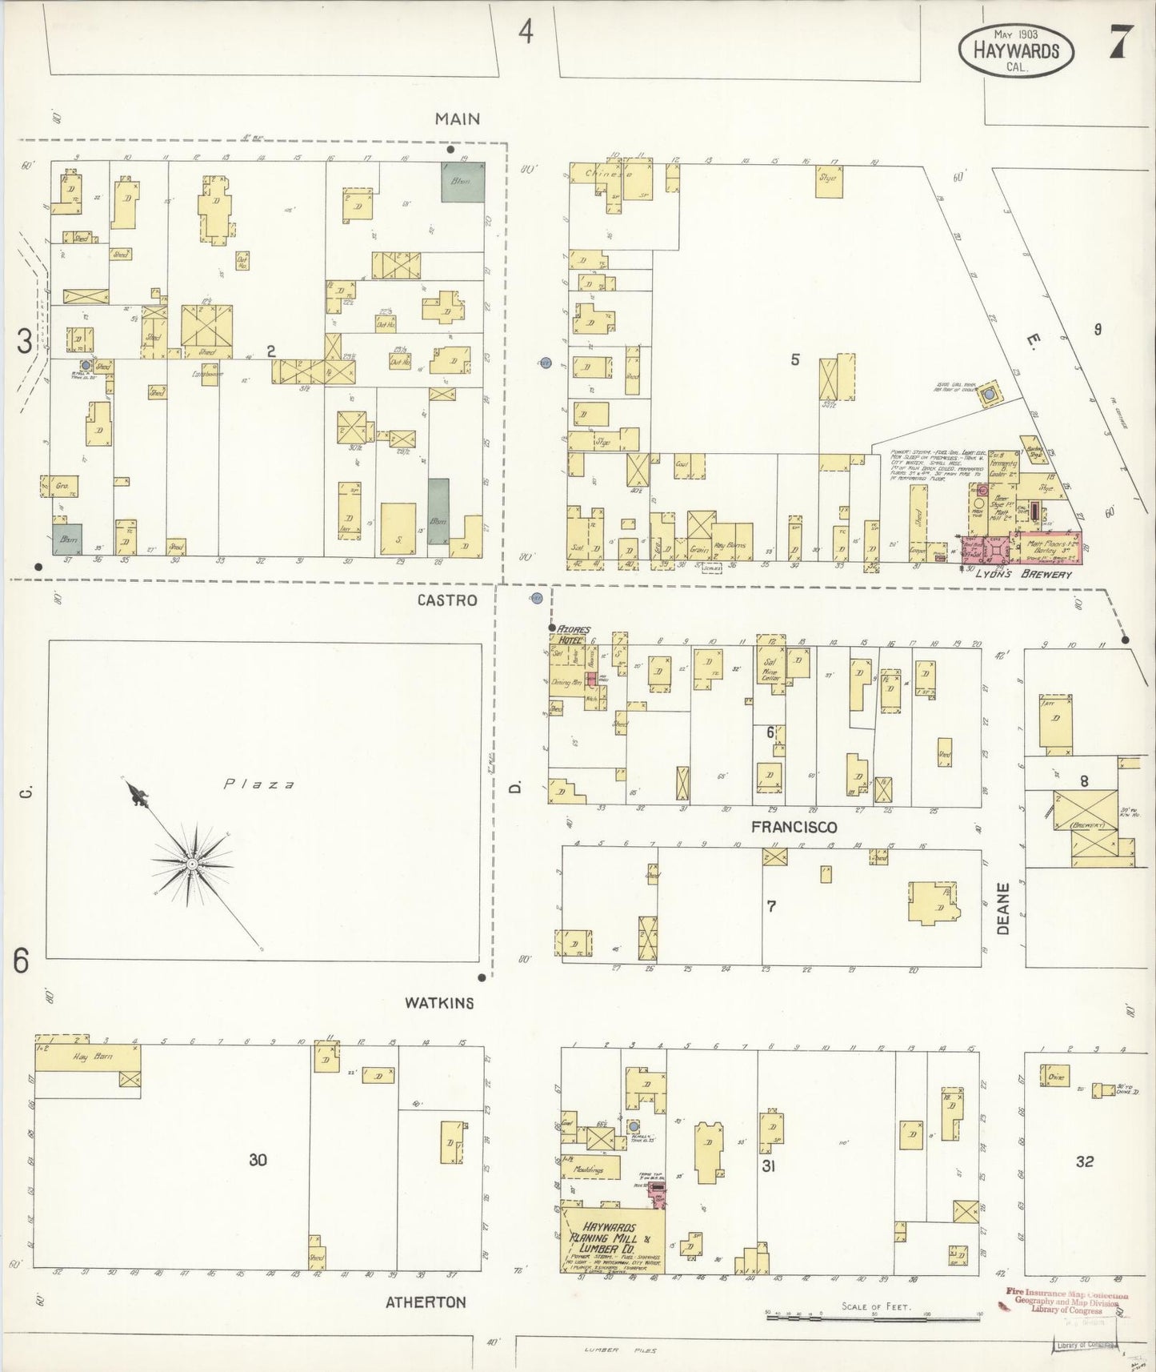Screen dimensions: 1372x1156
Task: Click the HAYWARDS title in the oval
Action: (x=1016, y=50)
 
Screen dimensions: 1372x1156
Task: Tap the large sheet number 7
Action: (x=1118, y=45)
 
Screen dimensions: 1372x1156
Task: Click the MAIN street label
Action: (x=458, y=118)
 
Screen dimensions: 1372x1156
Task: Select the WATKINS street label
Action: (x=438, y=1002)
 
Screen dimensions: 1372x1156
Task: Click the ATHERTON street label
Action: (x=426, y=1302)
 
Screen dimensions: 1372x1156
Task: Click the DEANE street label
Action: (x=1004, y=909)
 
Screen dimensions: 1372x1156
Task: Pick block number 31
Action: (x=768, y=1166)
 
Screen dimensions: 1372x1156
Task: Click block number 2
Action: (x=271, y=351)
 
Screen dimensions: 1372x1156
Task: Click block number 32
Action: (x=1084, y=1161)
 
